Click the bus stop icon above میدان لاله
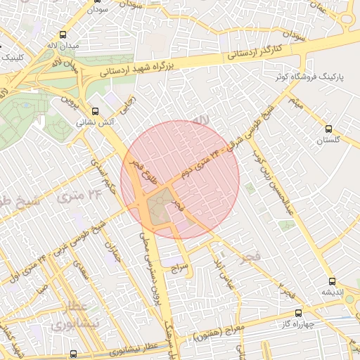64,34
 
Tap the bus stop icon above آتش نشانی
96,111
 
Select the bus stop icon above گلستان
329,129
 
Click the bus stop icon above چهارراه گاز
298,313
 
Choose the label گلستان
328,140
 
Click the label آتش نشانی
96,122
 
